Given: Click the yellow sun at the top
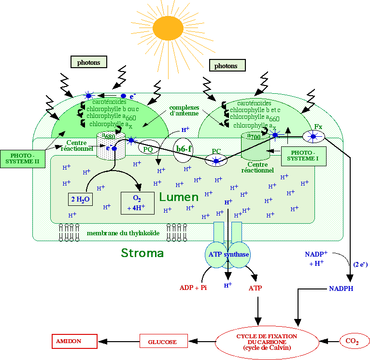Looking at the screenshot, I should click(165, 28).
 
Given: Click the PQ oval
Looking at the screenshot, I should click(148, 148).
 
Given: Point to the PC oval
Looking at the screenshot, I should click(216, 160).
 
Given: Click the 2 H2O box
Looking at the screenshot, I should click(79, 199).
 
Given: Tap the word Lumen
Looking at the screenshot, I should click(179, 197).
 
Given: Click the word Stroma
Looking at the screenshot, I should click(142, 253).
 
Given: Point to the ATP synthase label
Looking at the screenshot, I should click(228, 255).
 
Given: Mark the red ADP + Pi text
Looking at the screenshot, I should click(193, 288).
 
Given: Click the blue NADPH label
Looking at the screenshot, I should click(341, 288).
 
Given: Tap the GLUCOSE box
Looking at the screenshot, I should click(163, 342).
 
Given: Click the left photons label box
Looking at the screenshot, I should click(89, 62).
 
